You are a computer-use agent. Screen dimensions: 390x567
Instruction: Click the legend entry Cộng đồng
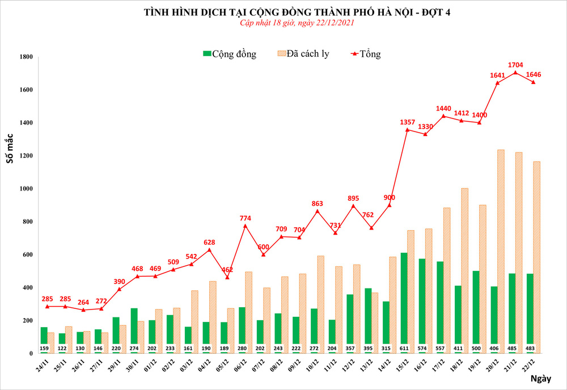230,54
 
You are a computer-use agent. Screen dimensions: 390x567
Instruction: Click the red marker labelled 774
246,226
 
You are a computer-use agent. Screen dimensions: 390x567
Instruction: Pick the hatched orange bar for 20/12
501,249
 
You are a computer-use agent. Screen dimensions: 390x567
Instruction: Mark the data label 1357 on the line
407,122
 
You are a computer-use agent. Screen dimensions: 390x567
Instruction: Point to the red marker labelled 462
227,277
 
